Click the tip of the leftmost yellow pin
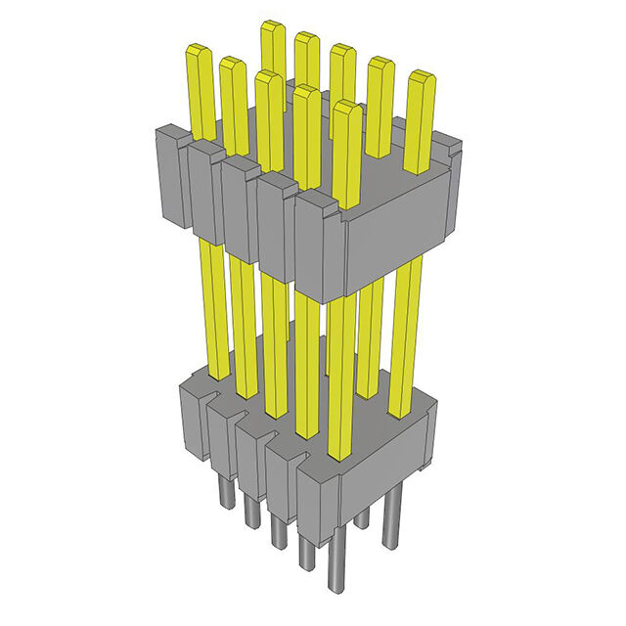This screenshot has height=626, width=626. (200, 52)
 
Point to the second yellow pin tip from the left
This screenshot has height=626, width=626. (233, 65)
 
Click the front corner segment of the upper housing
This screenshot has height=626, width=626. (320, 245)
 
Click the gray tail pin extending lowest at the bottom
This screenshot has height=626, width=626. (337, 577)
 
